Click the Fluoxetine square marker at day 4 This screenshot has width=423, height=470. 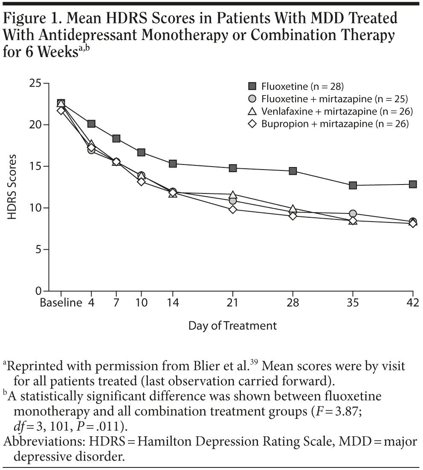click(x=91, y=124)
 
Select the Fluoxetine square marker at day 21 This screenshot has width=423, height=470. click(x=233, y=168)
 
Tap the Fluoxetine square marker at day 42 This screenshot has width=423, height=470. click(x=413, y=184)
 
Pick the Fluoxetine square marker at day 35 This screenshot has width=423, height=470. click(x=353, y=185)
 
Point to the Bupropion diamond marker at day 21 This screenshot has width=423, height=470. click(x=233, y=209)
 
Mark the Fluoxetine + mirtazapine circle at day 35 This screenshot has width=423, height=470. click(x=353, y=213)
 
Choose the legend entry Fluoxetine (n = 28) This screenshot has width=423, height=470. click(x=303, y=87)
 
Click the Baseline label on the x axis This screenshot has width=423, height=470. click(x=61, y=303)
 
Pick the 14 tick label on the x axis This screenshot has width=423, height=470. click(x=173, y=303)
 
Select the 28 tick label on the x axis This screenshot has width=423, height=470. click(x=293, y=303)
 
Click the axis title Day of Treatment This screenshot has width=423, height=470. click(x=232, y=326)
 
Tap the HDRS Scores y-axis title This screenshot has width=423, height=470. click(x=12, y=187)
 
